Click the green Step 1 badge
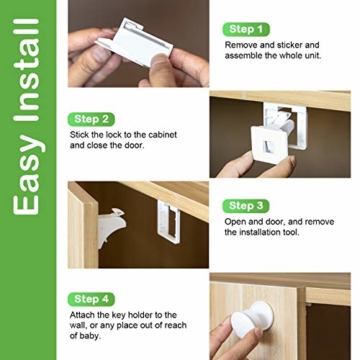click(246, 29)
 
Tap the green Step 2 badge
click(91, 119)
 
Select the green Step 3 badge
click(246, 206)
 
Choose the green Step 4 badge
click(91, 299)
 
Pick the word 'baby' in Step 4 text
click(90, 336)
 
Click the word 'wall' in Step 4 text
click(77, 325)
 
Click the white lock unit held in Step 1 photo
click(134, 42)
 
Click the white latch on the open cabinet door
click(111, 227)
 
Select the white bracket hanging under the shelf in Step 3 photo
click(169, 222)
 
